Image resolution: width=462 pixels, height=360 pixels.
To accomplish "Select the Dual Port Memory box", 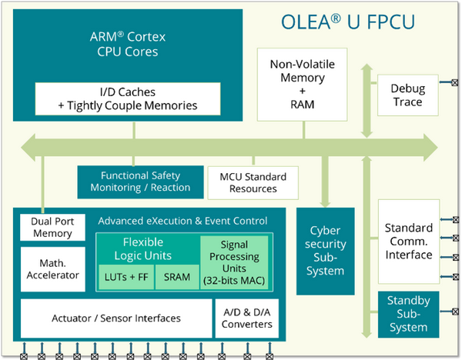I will (52, 228).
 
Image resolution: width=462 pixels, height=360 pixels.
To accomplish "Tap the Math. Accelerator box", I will (52, 269).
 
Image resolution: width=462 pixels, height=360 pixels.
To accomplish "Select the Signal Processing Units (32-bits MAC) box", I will (234, 263).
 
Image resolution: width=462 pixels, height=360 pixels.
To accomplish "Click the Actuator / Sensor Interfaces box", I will (116, 318).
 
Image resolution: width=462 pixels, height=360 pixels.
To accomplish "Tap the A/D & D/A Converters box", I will (246, 318).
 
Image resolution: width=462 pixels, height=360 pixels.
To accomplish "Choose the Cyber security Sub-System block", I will (325, 251).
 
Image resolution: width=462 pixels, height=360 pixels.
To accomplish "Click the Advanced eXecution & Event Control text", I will (182, 221).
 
